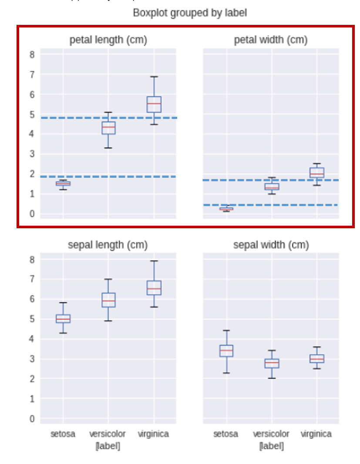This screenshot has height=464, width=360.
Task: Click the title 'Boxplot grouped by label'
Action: point(190,13)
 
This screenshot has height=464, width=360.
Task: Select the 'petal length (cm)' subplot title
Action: point(108,40)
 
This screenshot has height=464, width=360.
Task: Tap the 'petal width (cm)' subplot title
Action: point(271,40)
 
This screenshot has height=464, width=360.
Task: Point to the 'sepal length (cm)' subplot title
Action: point(108,245)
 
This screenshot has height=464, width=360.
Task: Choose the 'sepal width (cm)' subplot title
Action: point(271,245)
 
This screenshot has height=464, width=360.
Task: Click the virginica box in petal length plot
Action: point(154,105)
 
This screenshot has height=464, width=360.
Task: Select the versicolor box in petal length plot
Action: point(108,128)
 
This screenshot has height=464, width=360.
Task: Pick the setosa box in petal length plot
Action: point(63,183)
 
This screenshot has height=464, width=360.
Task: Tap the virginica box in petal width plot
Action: point(316,173)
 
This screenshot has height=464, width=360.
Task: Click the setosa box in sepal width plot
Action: point(226,351)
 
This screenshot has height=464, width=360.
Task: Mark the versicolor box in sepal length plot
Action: point(108,300)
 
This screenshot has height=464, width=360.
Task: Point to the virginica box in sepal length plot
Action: point(154,288)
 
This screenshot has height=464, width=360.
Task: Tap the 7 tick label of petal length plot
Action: point(31,75)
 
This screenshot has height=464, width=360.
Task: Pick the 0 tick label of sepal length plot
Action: point(31,419)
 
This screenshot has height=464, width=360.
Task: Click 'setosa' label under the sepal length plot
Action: point(63,434)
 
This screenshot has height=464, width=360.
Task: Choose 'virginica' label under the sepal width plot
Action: point(316,434)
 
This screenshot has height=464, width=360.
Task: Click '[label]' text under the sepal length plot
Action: point(108,446)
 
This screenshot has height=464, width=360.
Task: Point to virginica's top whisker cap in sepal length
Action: point(154,261)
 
